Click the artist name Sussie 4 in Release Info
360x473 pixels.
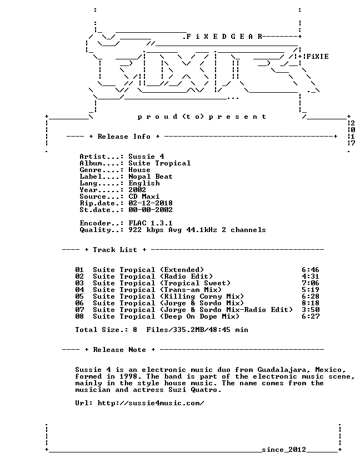point(146,157)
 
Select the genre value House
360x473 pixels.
point(139,170)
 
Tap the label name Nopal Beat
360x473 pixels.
point(151,177)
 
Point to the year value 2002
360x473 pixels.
point(137,190)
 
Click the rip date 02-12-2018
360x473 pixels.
point(151,203)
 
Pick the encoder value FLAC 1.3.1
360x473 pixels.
point(151,223)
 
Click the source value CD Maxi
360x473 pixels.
point(144,197)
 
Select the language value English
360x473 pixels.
point(144,183)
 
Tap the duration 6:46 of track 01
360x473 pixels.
point(311,270)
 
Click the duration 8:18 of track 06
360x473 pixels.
point(311,303)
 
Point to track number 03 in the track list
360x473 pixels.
point(79,283)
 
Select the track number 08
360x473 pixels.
point(79,316)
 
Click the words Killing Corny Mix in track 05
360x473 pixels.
point(202,296)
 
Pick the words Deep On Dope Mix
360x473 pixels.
point(199,316)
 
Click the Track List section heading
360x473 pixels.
point(115,250)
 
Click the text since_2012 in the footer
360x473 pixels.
point(284,450)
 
